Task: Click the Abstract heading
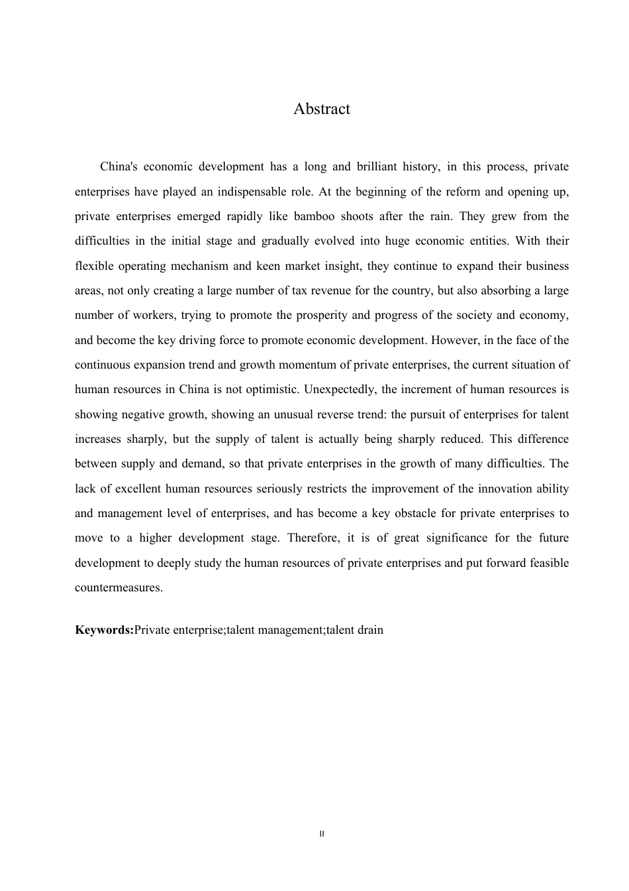pyautogui.click(x=322, y=109)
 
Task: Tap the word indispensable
pyautogui.click(x=252, y=192)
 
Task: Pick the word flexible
pyautogui.click(x=94, y=266)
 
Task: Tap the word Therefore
pyautogui.click(x=313, y=538)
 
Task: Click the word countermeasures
pyautogui.click(x=118, y=587)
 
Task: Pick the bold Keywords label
pyautogui.click(x=104, y=629)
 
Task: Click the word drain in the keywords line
pyautogui.click(x=370, y=629)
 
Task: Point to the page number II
pyautogui.click(x=322, y=833)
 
